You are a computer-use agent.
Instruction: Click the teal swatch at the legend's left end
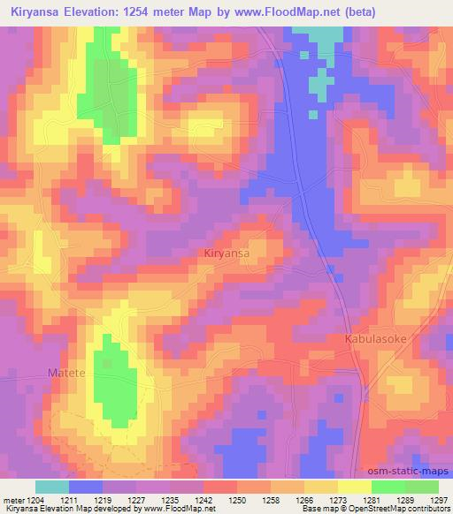tap(52, 487)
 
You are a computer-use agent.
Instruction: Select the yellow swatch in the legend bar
tap(354, 487)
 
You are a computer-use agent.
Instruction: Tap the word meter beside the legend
tap(16, 500)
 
